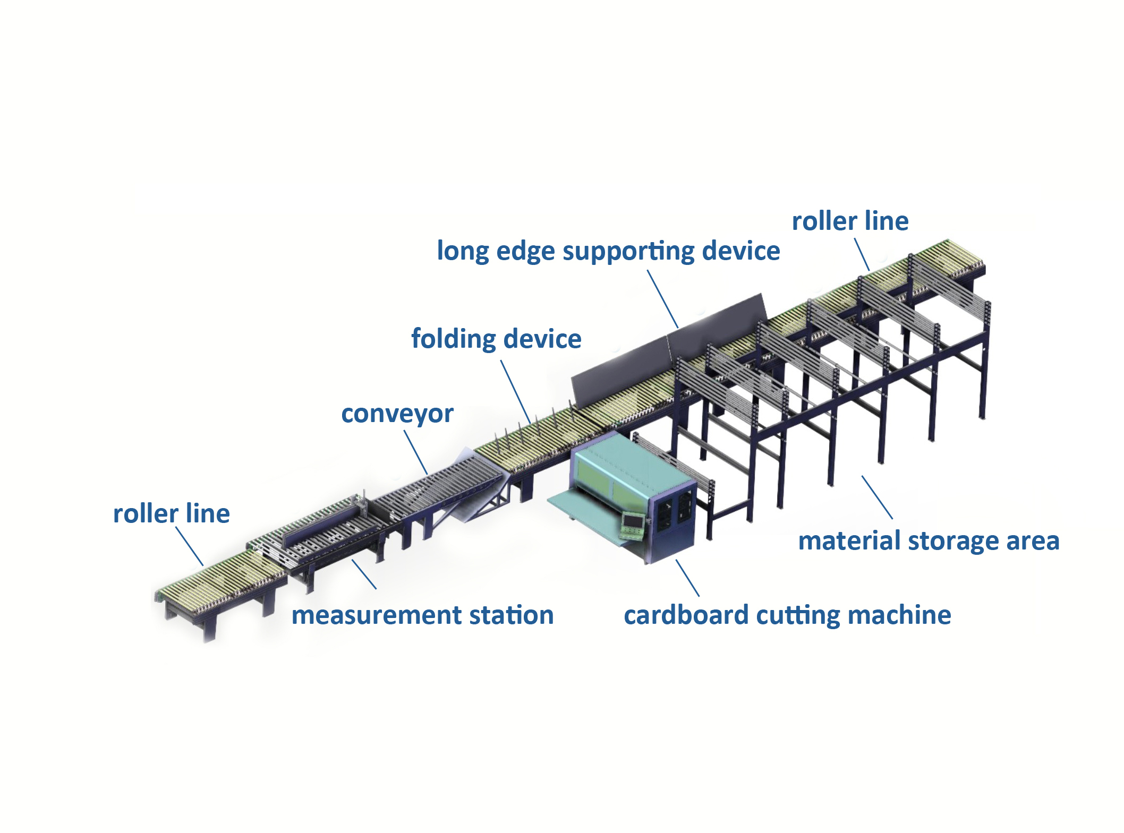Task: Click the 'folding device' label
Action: [496, 339]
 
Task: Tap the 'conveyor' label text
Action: [397, 414]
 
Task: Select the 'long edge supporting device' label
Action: [608, 251]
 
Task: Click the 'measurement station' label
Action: [422, 615]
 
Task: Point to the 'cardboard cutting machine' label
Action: [787, 615]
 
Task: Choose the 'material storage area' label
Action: [929, 541]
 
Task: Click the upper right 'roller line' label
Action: [850, 221]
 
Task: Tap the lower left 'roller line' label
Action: [171, 513]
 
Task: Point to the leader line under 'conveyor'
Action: [416, 452]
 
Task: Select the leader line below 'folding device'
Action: [515, 392]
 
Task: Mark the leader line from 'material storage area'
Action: [877, 497]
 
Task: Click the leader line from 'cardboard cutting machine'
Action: [687, 578]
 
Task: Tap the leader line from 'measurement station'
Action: [364, 574]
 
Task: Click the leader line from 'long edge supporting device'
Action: [662, 299]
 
